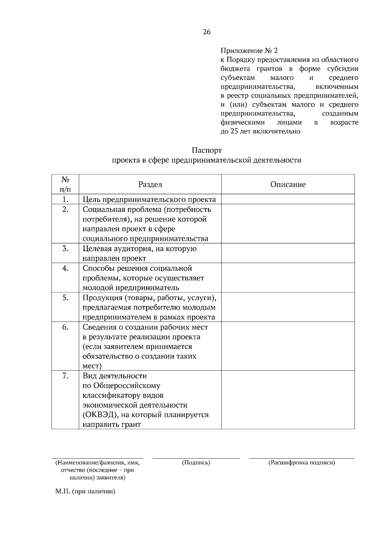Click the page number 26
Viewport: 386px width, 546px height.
[207, 32]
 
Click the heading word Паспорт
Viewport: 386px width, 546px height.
[207, 150]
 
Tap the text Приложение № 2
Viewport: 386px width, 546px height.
[249, 51]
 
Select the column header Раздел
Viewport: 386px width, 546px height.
[150, 185]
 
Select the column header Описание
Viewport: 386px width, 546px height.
[288, 185]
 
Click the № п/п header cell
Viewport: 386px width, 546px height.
[65, 185]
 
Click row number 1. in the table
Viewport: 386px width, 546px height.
[65, 199]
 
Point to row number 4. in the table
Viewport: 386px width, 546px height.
[65, 268]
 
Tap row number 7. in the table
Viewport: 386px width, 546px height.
[65, 376]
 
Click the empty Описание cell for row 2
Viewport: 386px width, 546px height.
[288, 224]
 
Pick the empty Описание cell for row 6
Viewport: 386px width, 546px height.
[288, 346]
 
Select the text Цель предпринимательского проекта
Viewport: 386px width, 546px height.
[149, 200]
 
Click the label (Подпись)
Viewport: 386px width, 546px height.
[196, 463]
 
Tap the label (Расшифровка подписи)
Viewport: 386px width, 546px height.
[301, 463]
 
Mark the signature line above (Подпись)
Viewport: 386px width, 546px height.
[196, 458]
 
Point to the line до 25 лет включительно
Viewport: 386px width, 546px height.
[260, 132]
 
